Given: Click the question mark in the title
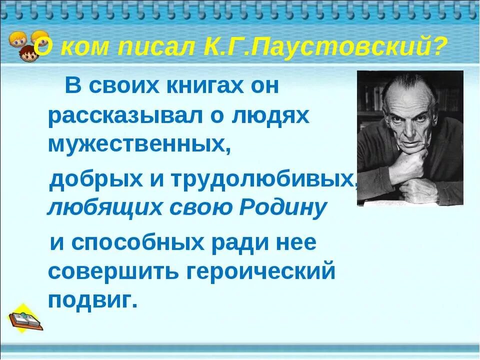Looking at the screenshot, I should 438,47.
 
